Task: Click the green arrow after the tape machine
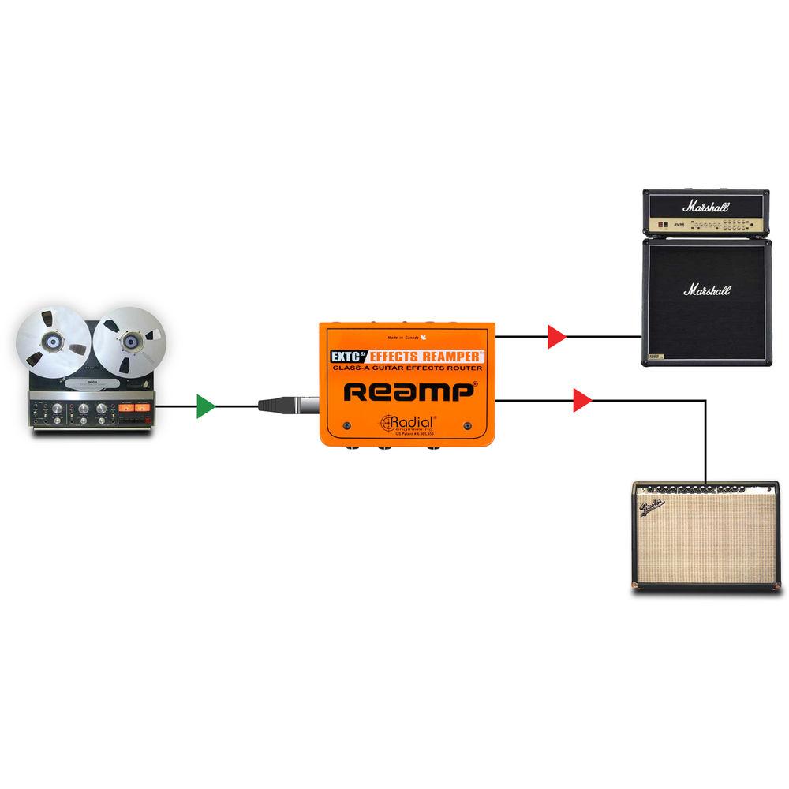click(206, 406)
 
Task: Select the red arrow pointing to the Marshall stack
click(557, 337)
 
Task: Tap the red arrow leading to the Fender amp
click(582, 401)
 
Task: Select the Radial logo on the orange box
click(409, 422)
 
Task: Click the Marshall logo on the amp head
click(706, 208)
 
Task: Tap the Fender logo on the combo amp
click(654, 505)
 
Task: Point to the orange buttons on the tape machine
click(132, 409)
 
